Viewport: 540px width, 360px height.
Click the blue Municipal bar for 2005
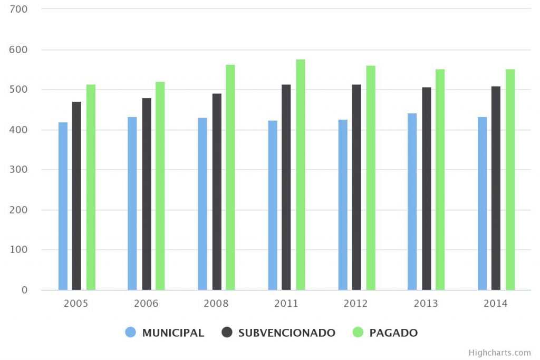coord(63,206)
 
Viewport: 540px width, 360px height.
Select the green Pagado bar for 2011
coord(301,174)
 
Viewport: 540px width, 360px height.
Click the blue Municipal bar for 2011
coord(273,205)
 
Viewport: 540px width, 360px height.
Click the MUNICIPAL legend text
coord(173,333)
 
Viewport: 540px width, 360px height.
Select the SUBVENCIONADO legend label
coord(286,333)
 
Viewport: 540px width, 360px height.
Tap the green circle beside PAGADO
coord(358,332)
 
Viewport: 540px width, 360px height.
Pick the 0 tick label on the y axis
coord(24,290)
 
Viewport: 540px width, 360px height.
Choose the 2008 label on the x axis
coord(216,304)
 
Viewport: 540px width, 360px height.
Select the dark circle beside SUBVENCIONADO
coord(227,332)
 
